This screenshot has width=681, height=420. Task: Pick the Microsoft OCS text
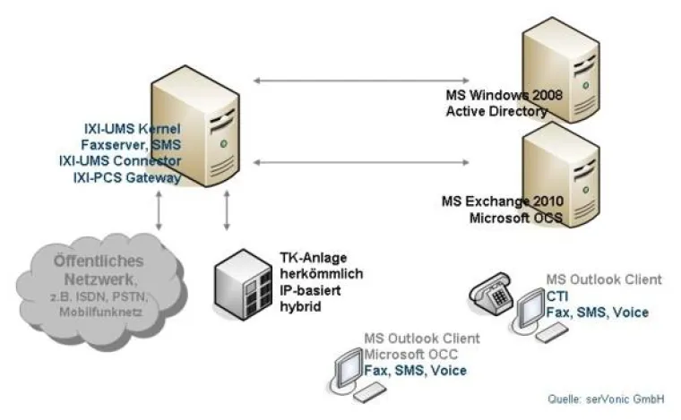coord(513,218)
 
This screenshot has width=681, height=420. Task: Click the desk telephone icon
coord(487,294)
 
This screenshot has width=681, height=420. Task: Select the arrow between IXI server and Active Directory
coord(361,81)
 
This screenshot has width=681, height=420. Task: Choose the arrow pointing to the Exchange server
coord(361,162)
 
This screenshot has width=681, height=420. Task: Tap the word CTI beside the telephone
coord(556,296)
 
